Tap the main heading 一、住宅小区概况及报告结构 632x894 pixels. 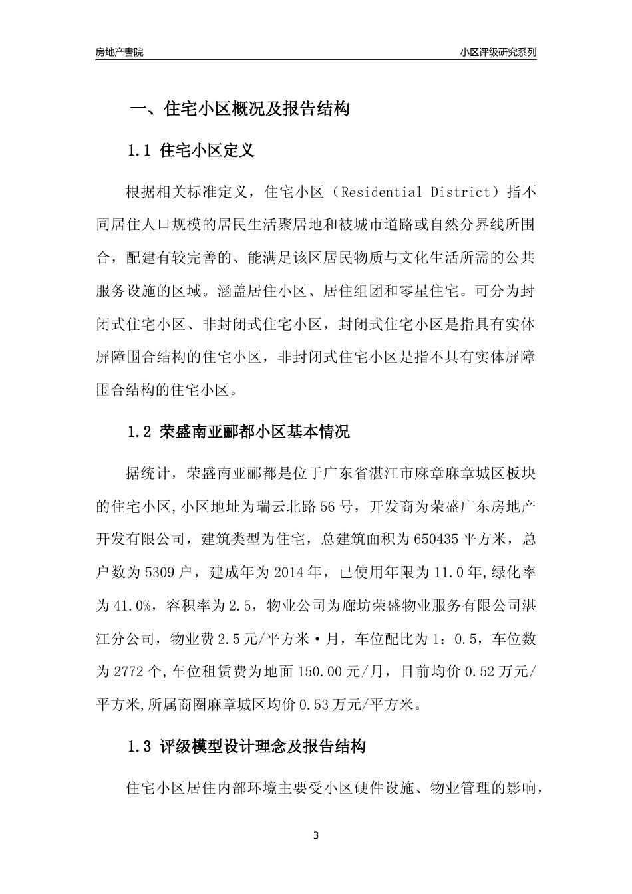[239, 109]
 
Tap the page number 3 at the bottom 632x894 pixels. [316, 835]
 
